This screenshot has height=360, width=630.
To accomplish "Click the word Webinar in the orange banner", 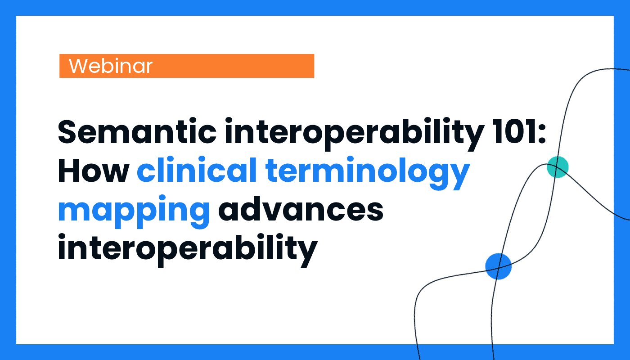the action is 111,66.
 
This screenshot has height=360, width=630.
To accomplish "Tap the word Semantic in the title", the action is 137,131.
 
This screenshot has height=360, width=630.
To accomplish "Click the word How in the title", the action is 94,171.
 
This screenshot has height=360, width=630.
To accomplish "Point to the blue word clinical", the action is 197,170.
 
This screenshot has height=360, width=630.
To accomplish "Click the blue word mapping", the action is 134,211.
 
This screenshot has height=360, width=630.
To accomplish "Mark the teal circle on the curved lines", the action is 558,167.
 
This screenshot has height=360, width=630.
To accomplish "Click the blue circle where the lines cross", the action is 499,266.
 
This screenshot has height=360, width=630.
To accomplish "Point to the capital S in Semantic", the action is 68,131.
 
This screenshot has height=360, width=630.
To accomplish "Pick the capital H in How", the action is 69,171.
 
